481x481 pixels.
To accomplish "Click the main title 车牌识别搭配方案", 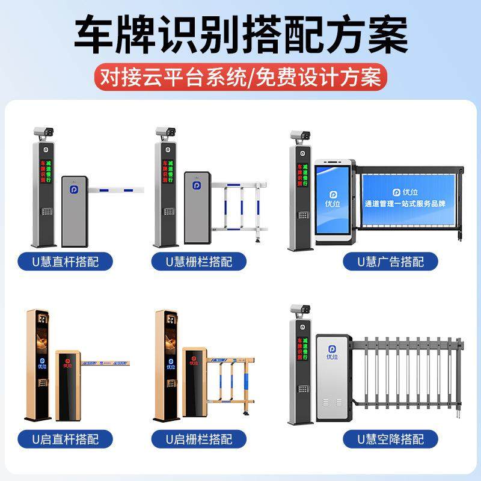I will tap(240, 35).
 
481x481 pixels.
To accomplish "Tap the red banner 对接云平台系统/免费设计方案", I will tap(240, 78).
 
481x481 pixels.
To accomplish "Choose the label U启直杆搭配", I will tap(75, 438).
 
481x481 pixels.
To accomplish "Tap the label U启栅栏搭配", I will tap(199, 438).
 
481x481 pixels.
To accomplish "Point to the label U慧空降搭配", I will tap(390, 438).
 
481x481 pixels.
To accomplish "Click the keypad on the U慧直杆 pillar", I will tap(45, 212).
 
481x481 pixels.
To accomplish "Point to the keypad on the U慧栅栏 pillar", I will tap(168, 212).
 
